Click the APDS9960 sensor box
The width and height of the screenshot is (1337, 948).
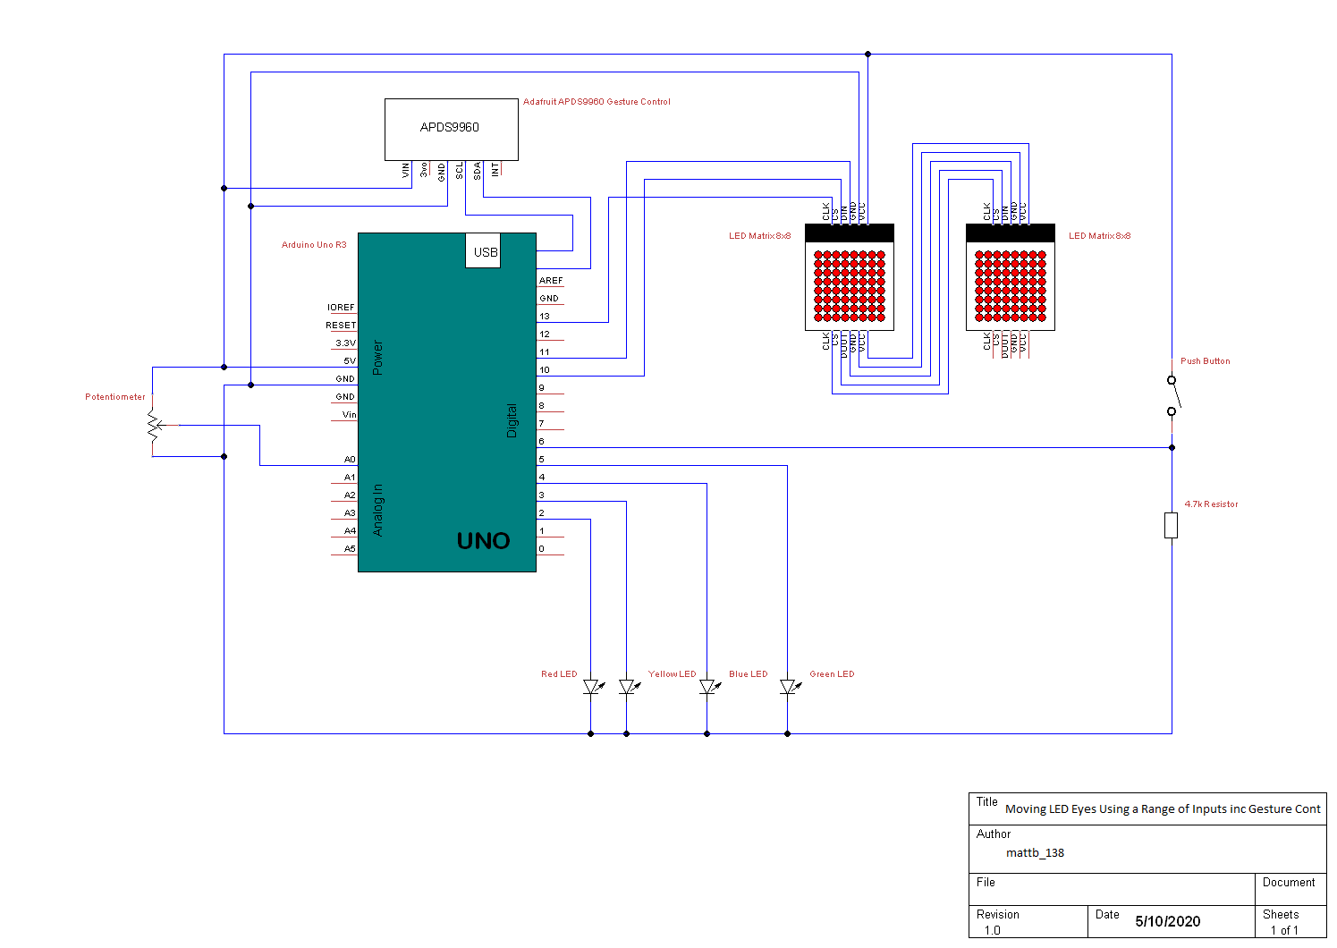coord(451,129)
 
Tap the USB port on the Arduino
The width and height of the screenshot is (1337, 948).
coord(484,251)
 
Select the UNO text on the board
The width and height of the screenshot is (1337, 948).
coord(483,541)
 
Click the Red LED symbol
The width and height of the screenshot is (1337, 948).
coord(591,687)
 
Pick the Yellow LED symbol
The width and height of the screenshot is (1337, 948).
coord(627,687)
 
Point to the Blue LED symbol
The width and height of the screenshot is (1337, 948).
coord(707,687)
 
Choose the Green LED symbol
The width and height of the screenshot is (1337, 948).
coord(788,687)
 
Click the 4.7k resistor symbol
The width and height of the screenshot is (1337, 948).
coord(1172,525)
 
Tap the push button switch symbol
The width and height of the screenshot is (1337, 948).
coord(1172,394)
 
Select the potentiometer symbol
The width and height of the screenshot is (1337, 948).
coord(154,426)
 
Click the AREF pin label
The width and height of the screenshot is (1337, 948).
coord(551,281)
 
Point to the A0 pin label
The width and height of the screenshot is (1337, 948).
coord(350,460)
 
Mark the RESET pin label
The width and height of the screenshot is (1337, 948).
coord(341,326)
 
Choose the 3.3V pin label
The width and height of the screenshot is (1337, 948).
coord(345,343)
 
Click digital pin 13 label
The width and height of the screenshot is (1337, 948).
coord(545,317)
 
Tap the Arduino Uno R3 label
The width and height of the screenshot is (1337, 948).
coord(314,245)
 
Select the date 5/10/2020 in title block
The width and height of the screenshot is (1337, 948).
coord(1167,921)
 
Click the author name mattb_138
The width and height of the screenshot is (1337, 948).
coord(1035,853)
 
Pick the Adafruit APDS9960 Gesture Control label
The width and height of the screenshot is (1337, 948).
coord(597,102)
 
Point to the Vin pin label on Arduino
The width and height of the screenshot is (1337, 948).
coord(349,415)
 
